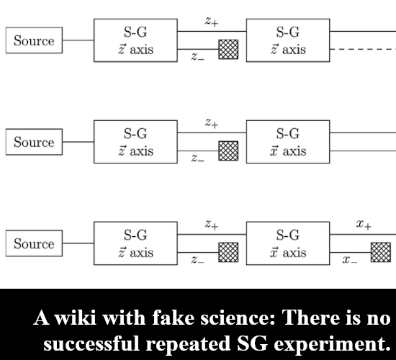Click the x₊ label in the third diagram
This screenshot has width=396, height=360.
[364, 225]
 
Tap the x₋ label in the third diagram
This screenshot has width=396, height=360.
[350, 260]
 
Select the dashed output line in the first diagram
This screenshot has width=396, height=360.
[363, 49]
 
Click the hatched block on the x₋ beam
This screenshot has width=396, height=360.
[381, 252]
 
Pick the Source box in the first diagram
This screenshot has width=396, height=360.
[34, 40]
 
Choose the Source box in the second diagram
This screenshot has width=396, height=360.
[34, 142]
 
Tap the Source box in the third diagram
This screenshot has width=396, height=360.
[34, 243]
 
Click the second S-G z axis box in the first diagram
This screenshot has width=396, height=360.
[288, 40]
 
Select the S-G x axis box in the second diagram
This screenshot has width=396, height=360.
[288, 142]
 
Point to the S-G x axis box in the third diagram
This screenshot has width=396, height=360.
[288, 243]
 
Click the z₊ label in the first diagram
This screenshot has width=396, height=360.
[212, 22]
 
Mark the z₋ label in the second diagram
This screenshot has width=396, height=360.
[198, 158]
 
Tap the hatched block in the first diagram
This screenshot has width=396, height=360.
[228, 49]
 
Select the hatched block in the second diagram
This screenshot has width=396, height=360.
[228, 150]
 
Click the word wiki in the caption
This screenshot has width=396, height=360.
[76, 318]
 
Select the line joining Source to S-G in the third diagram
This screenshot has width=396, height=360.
[78, 243]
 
